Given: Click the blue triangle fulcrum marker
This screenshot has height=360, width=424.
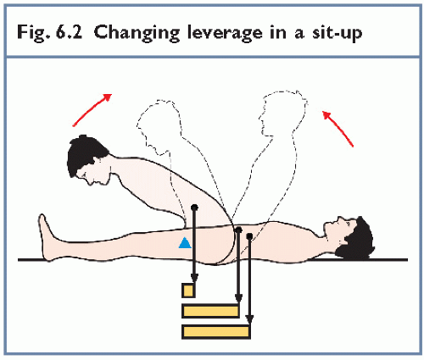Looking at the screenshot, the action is click(x=185, y=243).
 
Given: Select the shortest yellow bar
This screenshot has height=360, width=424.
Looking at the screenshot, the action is click(x=188, y=291).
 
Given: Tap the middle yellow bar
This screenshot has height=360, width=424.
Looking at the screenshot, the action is click(x=211, y=311).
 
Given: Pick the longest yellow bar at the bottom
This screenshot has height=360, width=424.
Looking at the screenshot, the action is click(x=216, y=331).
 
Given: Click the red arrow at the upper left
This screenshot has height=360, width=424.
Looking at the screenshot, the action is click(x=92, y=110).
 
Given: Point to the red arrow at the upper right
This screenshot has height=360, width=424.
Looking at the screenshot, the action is click(x=338, y=129).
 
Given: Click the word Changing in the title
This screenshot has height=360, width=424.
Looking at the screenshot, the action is click(x=137, y=32).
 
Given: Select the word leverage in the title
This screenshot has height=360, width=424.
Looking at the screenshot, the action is click(x=225, y=33).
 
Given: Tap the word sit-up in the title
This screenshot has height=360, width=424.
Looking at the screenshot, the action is click(x=337, y=33).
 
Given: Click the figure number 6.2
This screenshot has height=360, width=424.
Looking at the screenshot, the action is click(x=69, y=32).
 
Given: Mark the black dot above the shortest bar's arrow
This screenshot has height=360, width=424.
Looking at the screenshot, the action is click(x=194, y=208).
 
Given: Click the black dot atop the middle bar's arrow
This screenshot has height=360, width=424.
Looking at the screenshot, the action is click(x=238, y=230).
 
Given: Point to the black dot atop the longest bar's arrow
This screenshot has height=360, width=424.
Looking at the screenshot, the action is click(x=249, y=236).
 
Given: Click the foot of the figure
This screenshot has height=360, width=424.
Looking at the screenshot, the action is click(x=45, y=238).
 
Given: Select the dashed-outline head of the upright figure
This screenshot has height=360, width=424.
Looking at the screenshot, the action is click(x=282, y=113).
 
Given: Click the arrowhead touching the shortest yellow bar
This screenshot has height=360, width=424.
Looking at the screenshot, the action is click(x=194, y=278).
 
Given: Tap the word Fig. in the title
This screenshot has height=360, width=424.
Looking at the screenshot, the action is click(x=31, y=33).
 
